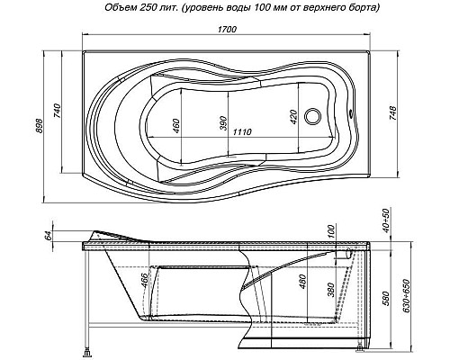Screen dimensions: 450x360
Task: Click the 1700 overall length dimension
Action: click(227, 29)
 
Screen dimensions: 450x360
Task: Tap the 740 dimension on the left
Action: click(57, 111)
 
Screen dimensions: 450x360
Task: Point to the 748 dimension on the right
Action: click(393, 113)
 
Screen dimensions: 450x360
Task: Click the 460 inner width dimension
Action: click(176, 126)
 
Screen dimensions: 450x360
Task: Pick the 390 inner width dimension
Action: click(223, 123)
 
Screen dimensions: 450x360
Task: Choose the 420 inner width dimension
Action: click(293, 117)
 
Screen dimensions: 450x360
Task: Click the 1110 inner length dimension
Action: click(242, 132)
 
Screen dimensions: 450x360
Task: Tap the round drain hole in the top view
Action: click(312, 116)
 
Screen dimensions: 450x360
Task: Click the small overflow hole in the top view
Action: click(351, 113)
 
